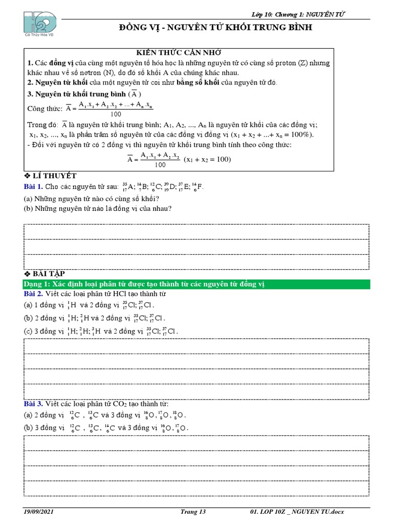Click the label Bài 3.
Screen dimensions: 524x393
[x=34, y=404]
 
